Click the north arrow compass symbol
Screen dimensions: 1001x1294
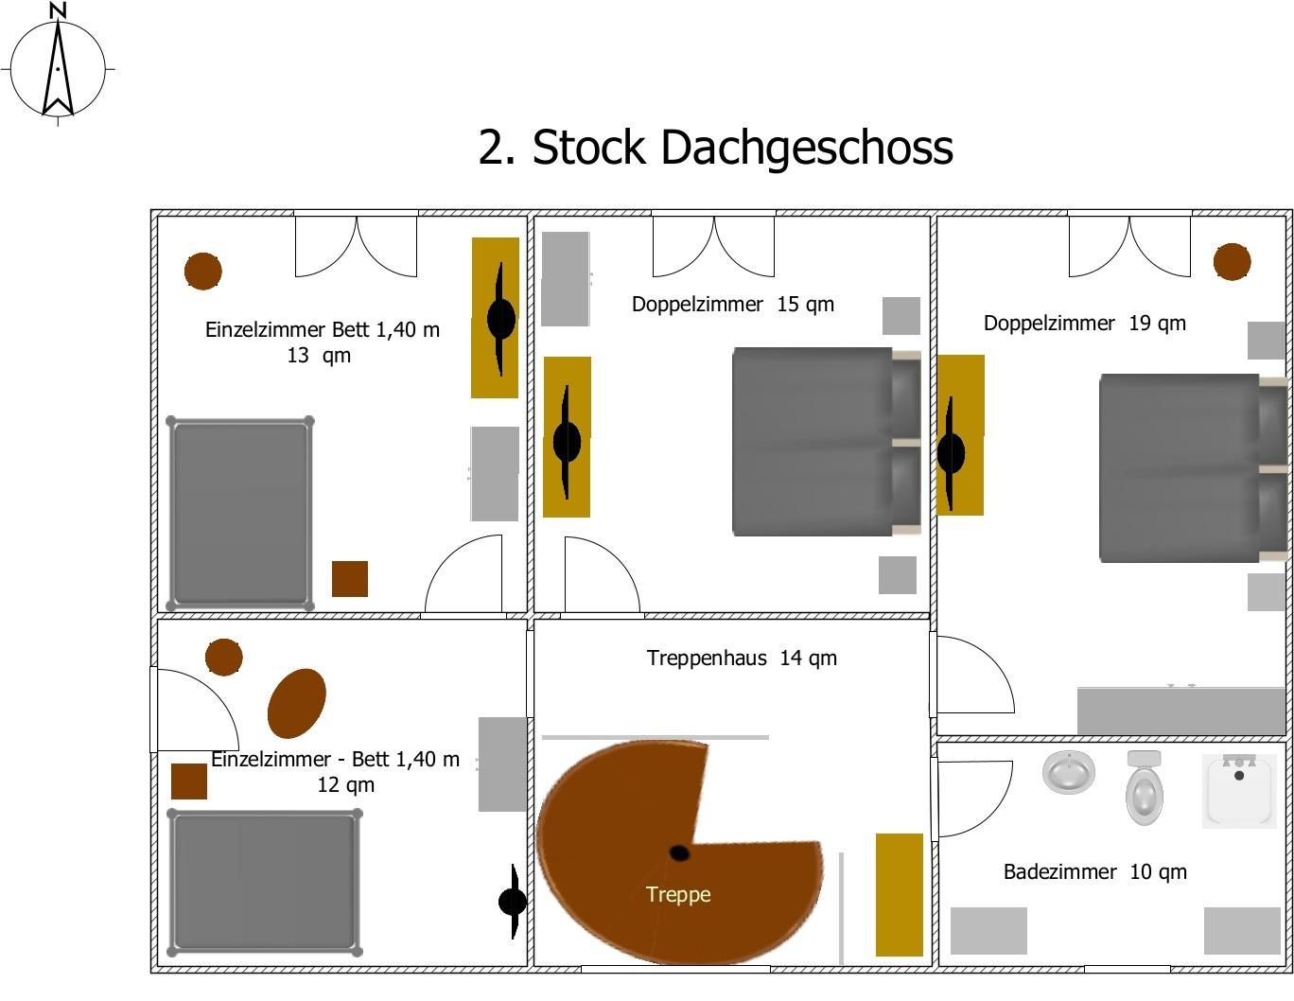[x=58, y=67]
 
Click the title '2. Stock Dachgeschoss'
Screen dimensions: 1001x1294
[x=715, y=148]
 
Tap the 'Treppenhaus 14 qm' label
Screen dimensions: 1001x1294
[x=742, y=659]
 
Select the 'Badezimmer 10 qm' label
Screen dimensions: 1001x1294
[x=1094, y=872]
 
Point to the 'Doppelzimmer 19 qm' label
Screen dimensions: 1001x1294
[x=1084, y=324]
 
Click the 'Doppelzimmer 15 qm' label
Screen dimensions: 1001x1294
[x=732, y=305]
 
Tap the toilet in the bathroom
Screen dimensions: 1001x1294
[x=1145, y=790]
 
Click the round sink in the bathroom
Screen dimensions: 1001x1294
[x=1069, y=771]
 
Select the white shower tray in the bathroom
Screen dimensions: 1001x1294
[x=1238, y=790]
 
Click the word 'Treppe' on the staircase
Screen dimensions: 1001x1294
[x=678, y=895]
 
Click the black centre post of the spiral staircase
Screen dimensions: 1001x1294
[x=679, y=853]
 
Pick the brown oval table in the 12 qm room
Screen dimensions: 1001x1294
[x=296, y=703]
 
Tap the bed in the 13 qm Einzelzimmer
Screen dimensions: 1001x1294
[x=240, y=514]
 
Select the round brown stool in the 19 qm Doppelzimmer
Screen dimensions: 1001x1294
[x=1232, y=262]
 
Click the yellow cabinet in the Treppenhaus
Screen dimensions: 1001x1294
[x=899, y=895]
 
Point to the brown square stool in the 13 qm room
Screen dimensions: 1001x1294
[x=349, y=579]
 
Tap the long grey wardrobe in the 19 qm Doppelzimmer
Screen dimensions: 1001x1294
[x=1181, y=711]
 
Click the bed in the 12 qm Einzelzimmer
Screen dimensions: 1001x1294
[x=264, y=882]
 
